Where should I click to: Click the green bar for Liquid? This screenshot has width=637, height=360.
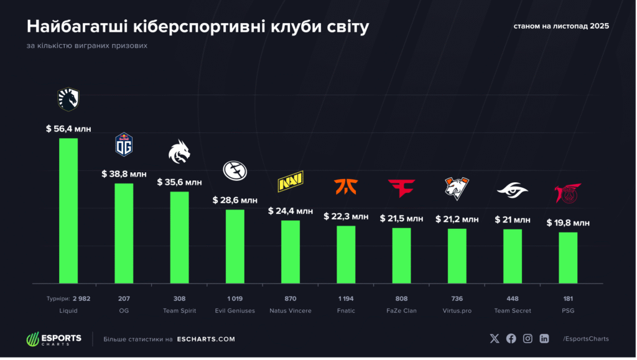pos(68,211)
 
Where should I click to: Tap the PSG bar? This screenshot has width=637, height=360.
pos(568,258)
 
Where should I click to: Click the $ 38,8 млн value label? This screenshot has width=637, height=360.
pos(124,174)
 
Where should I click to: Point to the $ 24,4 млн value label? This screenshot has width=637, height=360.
pos(291,211)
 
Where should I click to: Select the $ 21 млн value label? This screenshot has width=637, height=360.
pos(513,219)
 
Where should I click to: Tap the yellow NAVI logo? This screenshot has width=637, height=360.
pos(291,183)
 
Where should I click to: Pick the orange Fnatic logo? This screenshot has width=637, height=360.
pos(346,187)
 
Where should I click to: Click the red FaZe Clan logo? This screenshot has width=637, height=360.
pos(401,187)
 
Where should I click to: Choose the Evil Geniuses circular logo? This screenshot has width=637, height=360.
pos(235,170)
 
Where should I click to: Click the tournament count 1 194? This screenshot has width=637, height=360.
pos(346,299)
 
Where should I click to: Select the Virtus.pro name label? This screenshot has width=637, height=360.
pos(457,310)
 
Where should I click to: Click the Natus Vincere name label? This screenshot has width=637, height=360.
pos(291,310)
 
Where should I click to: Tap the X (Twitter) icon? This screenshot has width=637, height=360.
pos(495,339)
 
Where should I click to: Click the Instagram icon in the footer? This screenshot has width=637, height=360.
pos(528,339)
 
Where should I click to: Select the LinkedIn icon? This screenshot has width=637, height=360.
pos(545,339)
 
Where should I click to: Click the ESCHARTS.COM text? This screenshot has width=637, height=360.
pos(206,339)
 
